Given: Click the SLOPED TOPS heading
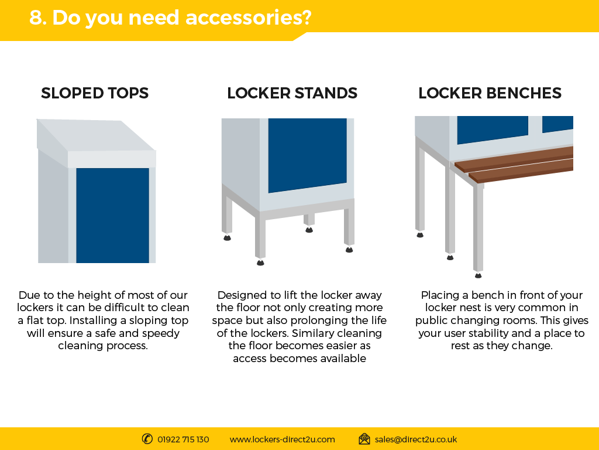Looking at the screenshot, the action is point(95,93).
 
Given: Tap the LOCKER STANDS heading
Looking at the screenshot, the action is point(292,93).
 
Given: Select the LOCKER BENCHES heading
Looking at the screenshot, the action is point(490,93).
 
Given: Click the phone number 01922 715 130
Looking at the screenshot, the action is point(183,439).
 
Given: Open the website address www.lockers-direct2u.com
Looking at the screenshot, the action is point(283,439).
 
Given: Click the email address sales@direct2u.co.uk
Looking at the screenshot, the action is point(416,439).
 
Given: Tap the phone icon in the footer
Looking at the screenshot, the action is point(147,439).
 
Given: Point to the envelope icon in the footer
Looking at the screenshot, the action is point(364,439).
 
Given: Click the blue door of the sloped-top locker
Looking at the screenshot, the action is point(113,216).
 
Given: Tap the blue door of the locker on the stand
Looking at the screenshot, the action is point(308,155).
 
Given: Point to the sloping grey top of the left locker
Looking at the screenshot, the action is point(95,135).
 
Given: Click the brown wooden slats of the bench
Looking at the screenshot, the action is point(514,164).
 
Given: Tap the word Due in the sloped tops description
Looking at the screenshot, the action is point(28,295).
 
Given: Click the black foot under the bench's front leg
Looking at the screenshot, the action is point(478,275).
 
